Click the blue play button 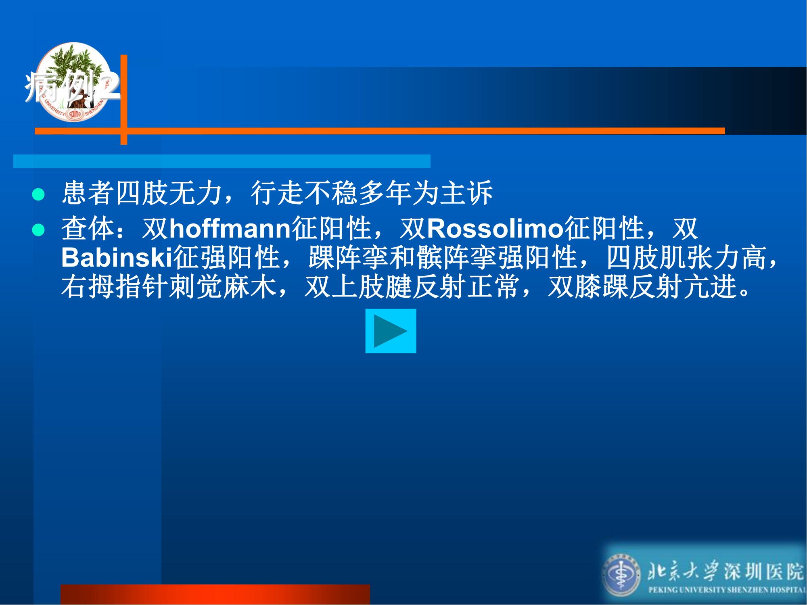click(x=391, y=331)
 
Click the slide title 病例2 click(x=73, y=86)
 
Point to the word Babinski click(x=117, y=257)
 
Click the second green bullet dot click(x=38, y=230)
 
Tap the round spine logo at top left click(x=73, y=82)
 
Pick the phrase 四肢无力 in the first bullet click(x=142, y=193)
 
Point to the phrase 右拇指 click(x=102, y=287)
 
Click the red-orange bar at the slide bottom click(x=215, y=594)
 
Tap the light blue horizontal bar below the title click(x=222, y=161)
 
